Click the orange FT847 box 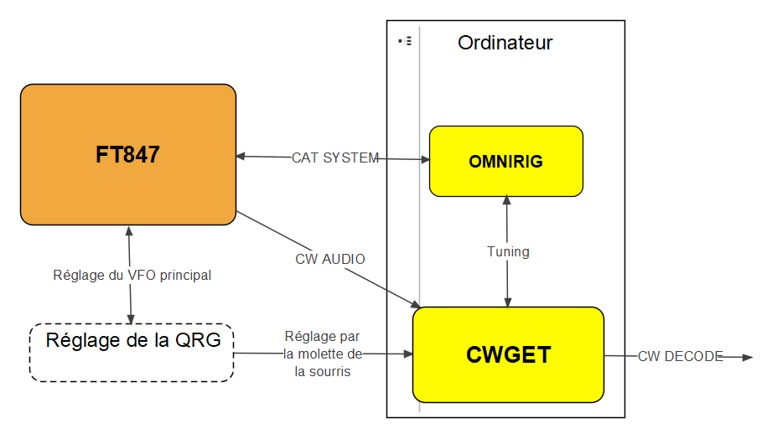point(127,154)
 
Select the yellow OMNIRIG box point(505,161)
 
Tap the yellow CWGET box point(508,354)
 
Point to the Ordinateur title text point(505,43)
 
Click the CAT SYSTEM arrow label point(335,158)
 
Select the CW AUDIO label point(330,259)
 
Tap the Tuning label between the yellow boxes point(508,251)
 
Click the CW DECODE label point(680,356)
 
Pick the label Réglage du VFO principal point(132,275)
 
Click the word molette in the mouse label point(323,354)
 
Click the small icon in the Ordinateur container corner point(405,40)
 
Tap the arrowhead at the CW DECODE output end point(748,358)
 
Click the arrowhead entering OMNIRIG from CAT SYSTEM point(425,159)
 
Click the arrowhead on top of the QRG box point(131,319)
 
